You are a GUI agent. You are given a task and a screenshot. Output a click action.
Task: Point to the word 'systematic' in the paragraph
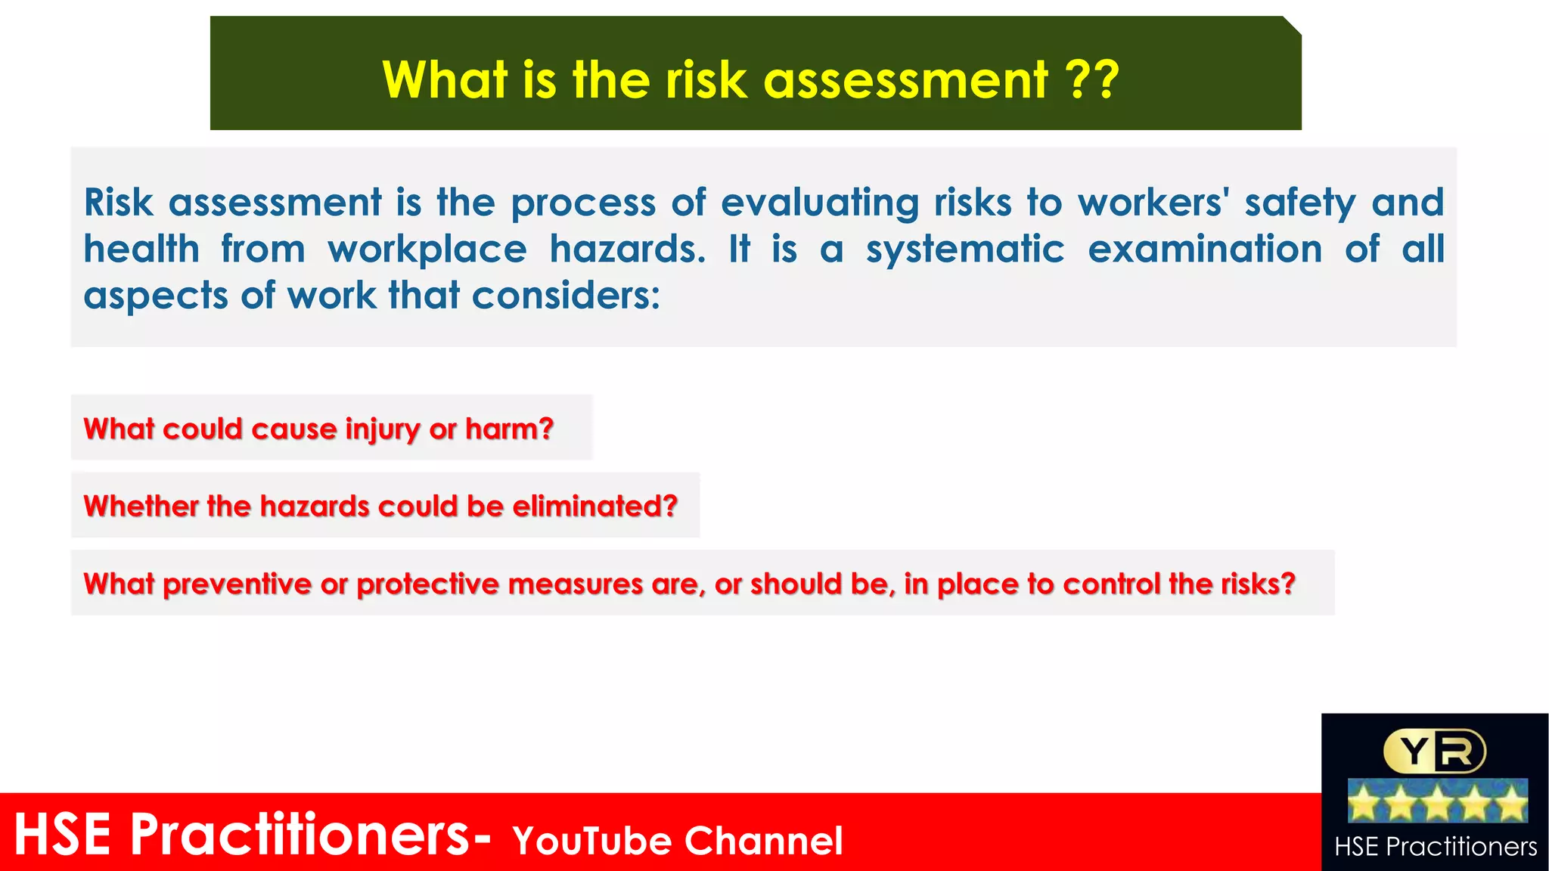[965, 250]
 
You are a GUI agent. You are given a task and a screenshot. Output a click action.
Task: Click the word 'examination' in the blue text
[1205, 250]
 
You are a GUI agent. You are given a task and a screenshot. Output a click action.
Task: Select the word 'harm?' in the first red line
[509, 429]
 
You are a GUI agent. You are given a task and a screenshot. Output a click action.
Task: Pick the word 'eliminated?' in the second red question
[594, 506]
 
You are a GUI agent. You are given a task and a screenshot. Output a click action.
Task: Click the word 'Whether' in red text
[140, 506]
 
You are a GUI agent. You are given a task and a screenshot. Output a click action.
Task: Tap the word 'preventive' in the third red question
[237, 584]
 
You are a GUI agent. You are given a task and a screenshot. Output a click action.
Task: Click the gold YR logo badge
[1435, 751]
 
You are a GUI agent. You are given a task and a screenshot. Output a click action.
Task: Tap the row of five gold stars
[1437, 801]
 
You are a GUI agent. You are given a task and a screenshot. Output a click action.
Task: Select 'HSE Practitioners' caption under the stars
[1436, 847]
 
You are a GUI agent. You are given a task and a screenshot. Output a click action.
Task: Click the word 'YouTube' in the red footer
[591, 841]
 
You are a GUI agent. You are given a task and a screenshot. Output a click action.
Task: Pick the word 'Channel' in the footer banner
[764, 841]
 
